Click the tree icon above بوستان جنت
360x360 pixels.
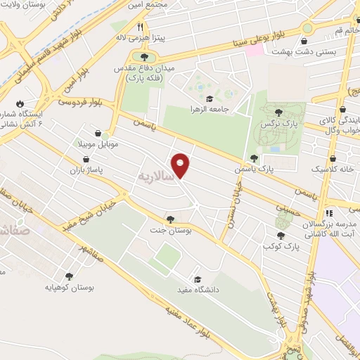coord(171,219)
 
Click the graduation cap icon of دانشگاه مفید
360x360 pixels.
coord(196,279)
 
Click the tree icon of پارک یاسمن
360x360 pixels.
coord(253,158)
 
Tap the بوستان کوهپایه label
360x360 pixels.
coord(70,287)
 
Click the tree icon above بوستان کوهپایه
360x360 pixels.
coord(69,276)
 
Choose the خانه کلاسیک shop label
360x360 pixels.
coord(333,169)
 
